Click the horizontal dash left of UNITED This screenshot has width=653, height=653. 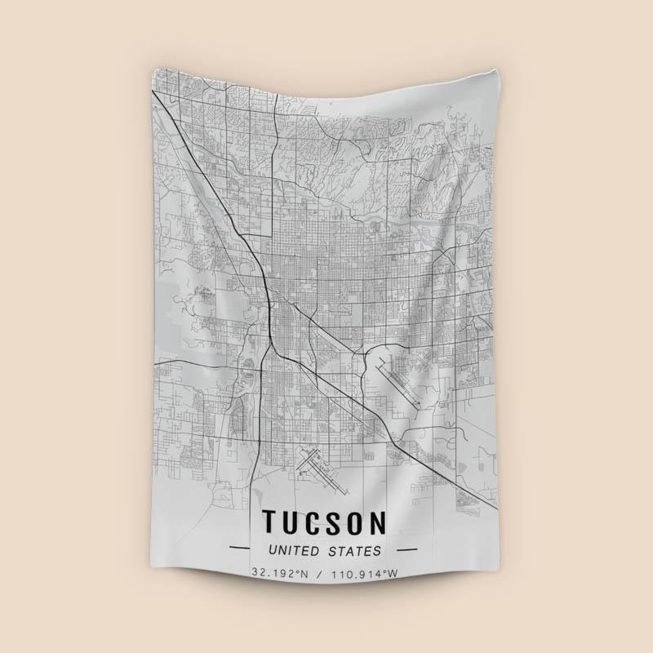[242, 551]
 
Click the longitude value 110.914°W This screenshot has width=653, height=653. [365, 573]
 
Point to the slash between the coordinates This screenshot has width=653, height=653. [322, 573]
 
